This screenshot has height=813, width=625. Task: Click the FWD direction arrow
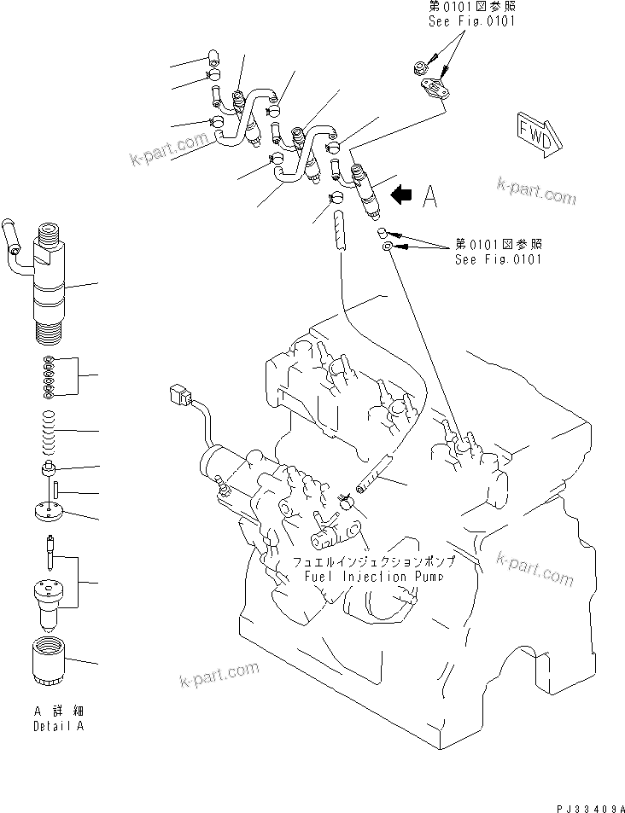[534, 132]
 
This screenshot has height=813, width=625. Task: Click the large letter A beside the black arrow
[429, 197]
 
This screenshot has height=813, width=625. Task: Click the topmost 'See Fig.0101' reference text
[471, 20]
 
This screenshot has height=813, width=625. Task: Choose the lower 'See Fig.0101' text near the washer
[498, 260]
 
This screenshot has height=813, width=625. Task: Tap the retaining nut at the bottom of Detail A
[49, 660]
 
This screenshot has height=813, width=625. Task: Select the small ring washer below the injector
[388, 247]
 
